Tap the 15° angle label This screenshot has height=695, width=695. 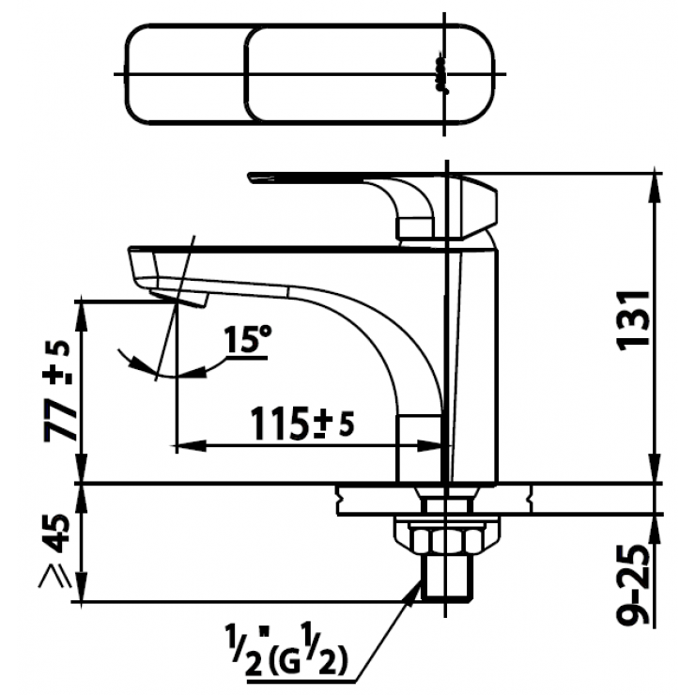(x=247, y=339)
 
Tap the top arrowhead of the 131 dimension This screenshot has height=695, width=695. (x=655, y=183)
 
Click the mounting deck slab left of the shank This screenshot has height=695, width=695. (x=376, y=500)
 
